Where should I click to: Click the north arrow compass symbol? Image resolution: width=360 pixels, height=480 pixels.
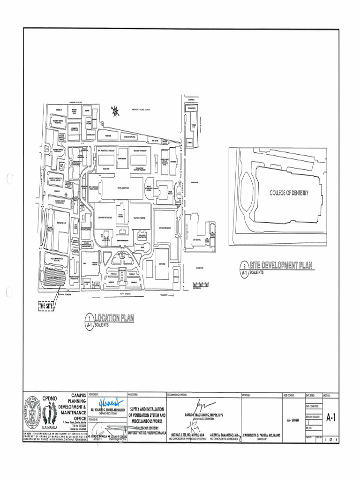115,111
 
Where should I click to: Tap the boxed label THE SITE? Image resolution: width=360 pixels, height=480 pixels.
46,307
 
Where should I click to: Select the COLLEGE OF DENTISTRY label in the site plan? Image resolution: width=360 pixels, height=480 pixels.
289,193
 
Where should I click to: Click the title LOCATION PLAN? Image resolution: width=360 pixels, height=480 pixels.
114,318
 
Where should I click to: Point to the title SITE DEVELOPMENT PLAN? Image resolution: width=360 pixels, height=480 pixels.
280,265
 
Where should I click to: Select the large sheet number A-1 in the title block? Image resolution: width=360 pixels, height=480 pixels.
330,418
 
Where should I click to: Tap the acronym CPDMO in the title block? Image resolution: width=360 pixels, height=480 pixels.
49,398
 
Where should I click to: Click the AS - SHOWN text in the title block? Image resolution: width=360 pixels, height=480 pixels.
293,420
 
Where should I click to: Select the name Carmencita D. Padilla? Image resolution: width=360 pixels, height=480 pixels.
264,435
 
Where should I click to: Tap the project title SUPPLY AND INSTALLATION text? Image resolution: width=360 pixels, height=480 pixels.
146,409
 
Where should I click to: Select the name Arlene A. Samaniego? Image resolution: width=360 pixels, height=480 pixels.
225,435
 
